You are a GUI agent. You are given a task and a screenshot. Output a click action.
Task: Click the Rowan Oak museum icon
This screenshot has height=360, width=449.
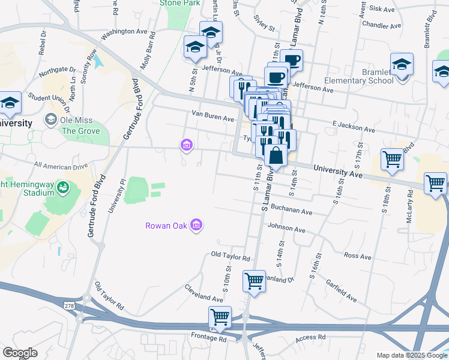point(196,226)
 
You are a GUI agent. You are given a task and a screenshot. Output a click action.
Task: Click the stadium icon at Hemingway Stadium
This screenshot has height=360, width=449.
point(62,190)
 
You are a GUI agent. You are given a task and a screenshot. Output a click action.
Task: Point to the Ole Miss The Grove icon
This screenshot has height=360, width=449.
point(51,120)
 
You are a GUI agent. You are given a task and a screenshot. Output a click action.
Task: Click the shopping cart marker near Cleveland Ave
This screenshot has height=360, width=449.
point(254,281)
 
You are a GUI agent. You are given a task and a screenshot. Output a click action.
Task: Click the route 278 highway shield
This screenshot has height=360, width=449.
point(70,306)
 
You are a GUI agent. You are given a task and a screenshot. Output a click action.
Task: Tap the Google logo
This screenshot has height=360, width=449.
point(20,353)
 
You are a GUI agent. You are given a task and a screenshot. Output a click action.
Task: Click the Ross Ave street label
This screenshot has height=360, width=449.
point(358,256)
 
